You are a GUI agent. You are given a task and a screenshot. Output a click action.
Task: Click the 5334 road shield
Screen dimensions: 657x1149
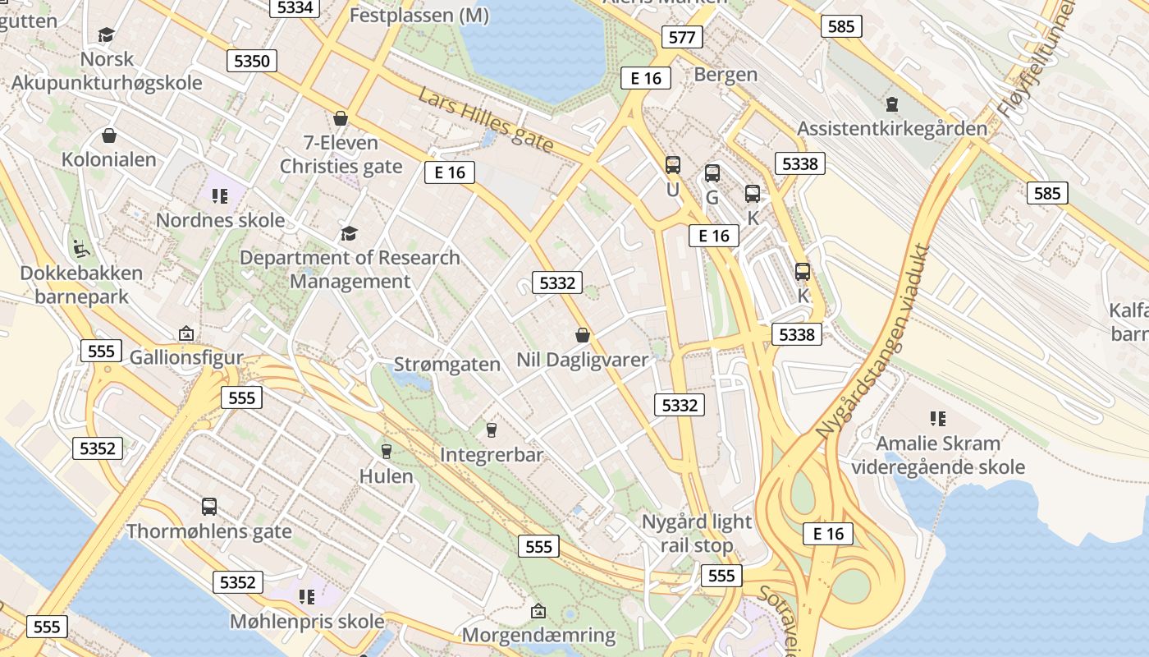pos(295,7)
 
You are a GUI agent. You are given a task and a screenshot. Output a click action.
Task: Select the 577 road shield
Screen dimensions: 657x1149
pos(682,37)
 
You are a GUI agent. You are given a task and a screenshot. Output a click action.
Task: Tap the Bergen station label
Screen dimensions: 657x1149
pos(726,74)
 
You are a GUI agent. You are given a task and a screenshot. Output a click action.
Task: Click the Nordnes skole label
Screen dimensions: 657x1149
pos(220,220)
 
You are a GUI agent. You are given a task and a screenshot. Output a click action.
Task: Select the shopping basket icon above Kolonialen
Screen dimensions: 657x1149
pos(109,136)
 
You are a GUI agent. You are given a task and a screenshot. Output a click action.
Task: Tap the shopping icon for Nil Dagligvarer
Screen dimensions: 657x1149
pos(583,335)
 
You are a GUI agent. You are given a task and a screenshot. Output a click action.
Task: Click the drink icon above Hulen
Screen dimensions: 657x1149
pos(386,451)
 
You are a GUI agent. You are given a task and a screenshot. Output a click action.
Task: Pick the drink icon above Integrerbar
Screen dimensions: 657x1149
pos(492,430)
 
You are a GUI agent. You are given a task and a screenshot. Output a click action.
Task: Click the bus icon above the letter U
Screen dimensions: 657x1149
pos(673,165)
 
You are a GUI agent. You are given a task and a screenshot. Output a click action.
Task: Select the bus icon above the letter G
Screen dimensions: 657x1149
pos(712,173)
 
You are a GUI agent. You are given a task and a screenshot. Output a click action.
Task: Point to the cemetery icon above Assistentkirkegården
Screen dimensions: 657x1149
pos(892,104)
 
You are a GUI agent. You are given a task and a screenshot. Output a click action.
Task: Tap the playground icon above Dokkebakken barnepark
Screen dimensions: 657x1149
pos(80,247)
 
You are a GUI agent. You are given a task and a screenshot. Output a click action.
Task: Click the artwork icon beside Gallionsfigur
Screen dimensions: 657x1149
pos(186,333)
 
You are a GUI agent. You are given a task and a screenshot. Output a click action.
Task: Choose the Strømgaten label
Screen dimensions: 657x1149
pos(447,364)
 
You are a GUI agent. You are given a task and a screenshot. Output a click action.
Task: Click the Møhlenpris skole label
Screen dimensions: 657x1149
pos(307,621)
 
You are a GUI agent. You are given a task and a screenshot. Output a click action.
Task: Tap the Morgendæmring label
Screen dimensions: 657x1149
pos(538,635)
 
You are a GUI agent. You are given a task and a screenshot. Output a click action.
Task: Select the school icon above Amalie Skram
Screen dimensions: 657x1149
pos(938,419)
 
